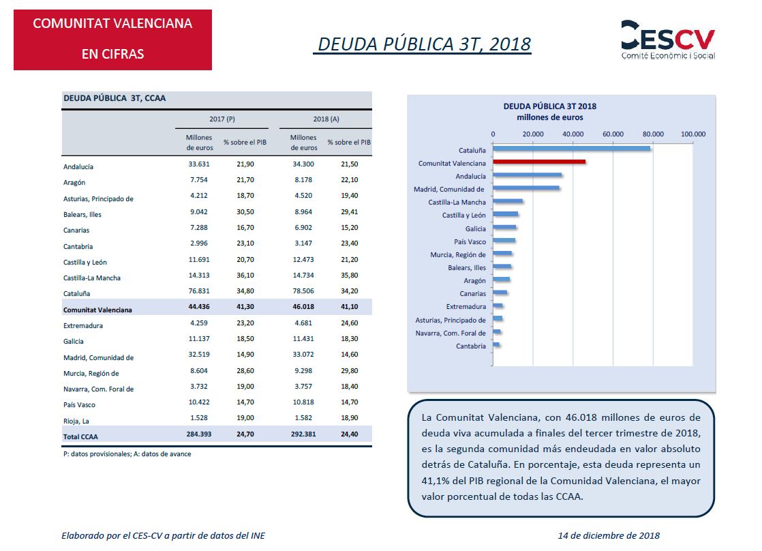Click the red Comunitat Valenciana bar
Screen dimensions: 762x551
pyautogui.click(x=539, y=162)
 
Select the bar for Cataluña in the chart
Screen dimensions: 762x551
pyautogui.click(x=571, y=149)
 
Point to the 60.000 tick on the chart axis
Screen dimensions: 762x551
pyautogui.click(x=613, y=134)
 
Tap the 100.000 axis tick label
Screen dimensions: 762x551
pyautogui.click(x=693, y=134)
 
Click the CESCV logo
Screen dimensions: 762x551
pyautogui.click(x=668, y=40)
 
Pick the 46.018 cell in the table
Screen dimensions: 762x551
pyautogui.click(x=303, y=307)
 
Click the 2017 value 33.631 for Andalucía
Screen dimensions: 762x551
pyautogui.click(x=199, y=164)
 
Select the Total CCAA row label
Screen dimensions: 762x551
pyautogui.click(x=80, y=436)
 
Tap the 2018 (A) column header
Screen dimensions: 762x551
pyautogui.click(x=326, y=119)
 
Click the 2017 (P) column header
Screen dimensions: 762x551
pyautogui.click(x=222, y=119)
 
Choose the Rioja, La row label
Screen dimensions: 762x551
pyautogui.click(x=76, y=421)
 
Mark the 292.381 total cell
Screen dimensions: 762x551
pyautogui.click(x=303, y=434)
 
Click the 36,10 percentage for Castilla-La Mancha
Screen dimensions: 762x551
pyautogui.click(x=245, y=275)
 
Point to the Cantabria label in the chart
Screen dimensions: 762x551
pyautogui.click(x=471, y=346)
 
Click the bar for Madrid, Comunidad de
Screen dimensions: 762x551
pyautogui.click(x=525, y=188)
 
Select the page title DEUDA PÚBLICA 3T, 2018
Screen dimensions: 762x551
pyautogui.click(x=424, y=44)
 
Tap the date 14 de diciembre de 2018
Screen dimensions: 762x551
pyautogui.click(x=609, y=535)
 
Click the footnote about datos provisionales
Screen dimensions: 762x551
pyautogui.click(x=127, y=453)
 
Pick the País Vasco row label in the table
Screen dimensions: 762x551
pyautogui.click(x=79, y=404)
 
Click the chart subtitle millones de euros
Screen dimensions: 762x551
pyautogui.click(x=549, y=117)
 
